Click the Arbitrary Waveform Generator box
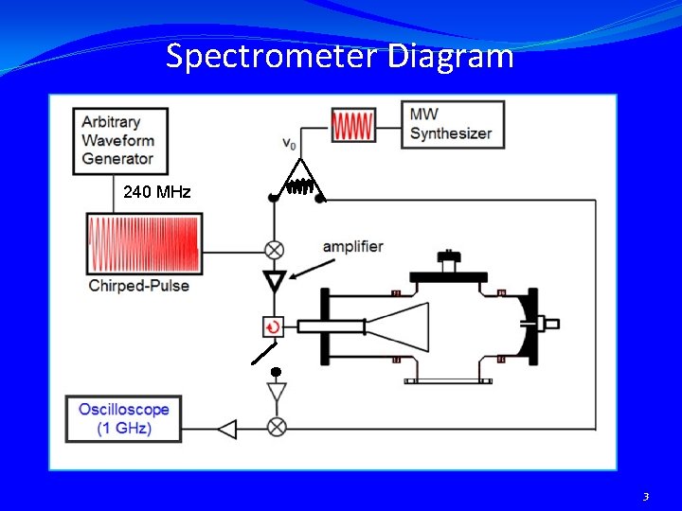[121, 141]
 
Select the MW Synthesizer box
[452, 124]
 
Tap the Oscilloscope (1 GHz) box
[123, 419]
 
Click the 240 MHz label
[156, 193]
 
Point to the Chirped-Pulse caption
[138, 286]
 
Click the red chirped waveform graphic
[144, 243]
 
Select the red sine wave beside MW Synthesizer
[353, 124]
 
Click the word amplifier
[352, 247]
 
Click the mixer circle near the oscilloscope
[277, 428]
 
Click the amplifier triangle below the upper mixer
[275, 281]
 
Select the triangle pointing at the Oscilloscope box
[227, 429]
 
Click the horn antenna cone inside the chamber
[397, 327]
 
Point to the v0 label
[289, 144]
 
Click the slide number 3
[646, 496]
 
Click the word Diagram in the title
[451, 57]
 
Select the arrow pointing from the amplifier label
[312, 269]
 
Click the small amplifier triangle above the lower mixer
[277, 392]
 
